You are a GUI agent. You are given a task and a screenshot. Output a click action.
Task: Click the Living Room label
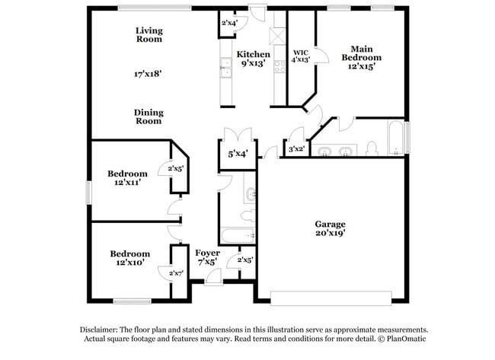[x=149, y=35]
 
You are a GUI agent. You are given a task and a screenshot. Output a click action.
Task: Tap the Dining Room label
[x=149, y=116]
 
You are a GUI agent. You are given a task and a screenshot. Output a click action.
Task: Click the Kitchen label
[x=252, y=55]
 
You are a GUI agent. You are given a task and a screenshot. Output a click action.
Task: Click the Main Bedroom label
[x=361, y=53]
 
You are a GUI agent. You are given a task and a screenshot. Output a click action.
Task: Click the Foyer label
[x=207, y=253]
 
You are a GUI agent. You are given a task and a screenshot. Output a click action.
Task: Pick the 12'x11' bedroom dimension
[x=127, y=183]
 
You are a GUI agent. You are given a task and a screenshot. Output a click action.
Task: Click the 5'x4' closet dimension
[x=238, y=155]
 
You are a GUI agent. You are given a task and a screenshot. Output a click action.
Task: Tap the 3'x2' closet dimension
[x=296, y=149]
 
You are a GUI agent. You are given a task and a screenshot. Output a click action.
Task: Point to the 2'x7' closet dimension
[x=177, y=272]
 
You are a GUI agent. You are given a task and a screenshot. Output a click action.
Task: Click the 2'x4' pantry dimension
[x=228, y=23]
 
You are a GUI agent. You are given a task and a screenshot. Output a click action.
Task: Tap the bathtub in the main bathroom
[x=397, y=139]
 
